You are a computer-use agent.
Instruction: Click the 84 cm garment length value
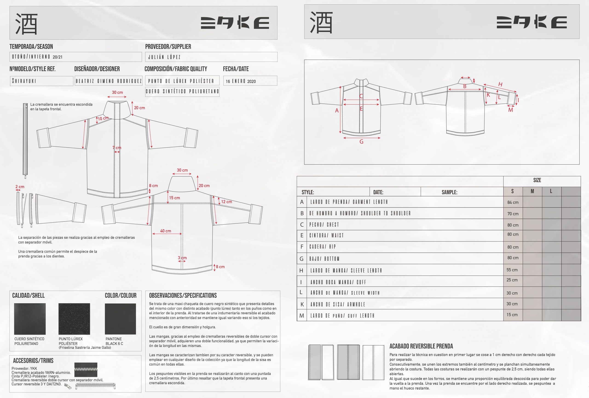[513, 202]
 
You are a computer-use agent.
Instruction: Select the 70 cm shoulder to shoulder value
[513, 214]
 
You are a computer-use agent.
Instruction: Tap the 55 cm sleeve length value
[512, 270]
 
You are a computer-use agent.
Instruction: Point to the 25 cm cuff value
[512, 280]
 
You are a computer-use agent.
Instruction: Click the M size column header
[532, 191]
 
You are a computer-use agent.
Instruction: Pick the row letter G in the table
[301, 259]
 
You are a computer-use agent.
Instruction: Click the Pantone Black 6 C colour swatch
[120, 319]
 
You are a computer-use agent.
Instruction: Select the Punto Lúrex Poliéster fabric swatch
[74, 319]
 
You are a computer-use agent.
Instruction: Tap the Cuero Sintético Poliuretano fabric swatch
[30, 319]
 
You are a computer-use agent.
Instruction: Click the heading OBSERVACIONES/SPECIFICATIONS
[183, 295]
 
